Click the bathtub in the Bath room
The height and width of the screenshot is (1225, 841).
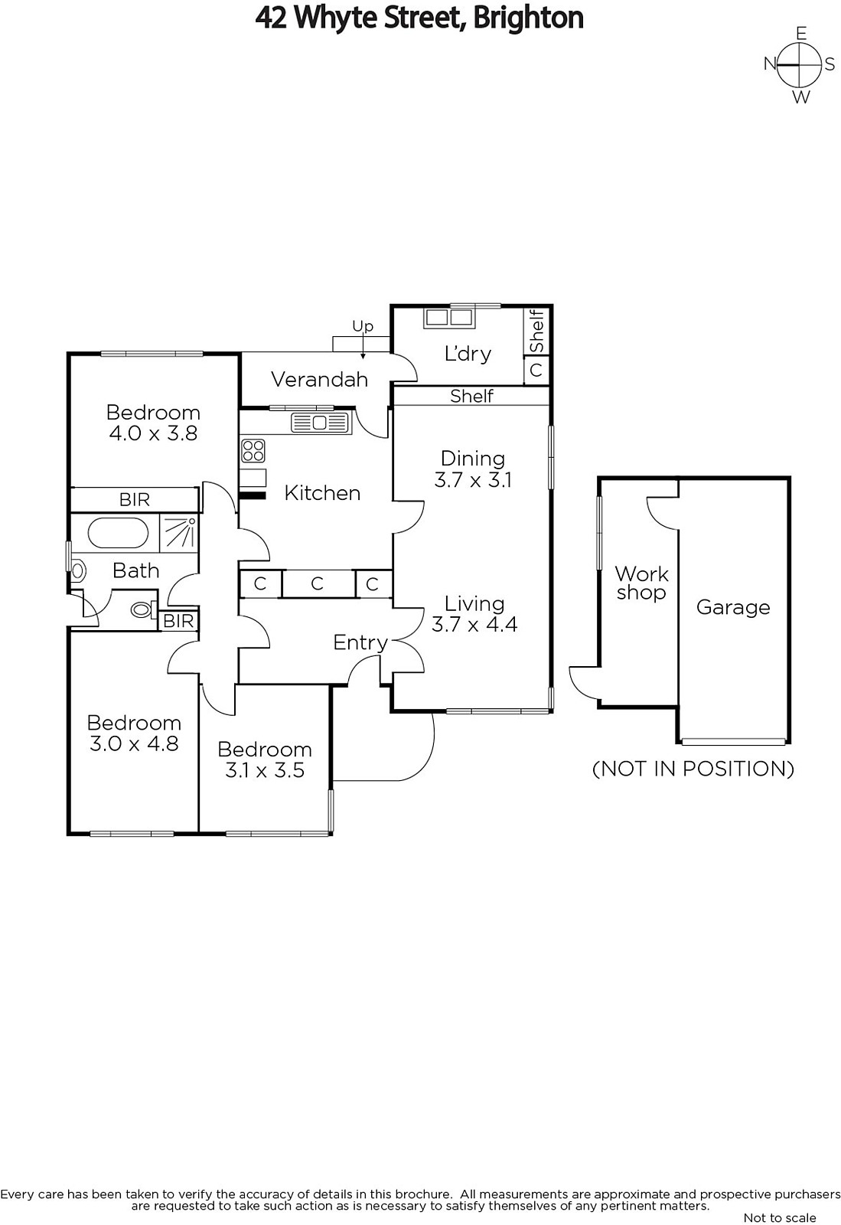(x=118, y=533)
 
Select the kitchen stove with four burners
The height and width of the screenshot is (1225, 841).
(x=253, y=451)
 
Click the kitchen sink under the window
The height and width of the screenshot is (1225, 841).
(x=320, y=423)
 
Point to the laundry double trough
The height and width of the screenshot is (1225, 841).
(x=449, y=318)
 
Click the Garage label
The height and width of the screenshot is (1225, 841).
(x=733, y=607)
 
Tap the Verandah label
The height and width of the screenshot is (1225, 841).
(x=320, y=379)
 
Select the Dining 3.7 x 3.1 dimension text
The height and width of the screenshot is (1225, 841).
(x=473, y=480)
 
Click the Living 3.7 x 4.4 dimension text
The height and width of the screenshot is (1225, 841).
(x=474, y=624)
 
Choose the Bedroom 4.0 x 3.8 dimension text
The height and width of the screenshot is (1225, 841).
(x=153, y=433)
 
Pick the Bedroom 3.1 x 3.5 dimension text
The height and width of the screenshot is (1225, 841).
(x=265, y=770)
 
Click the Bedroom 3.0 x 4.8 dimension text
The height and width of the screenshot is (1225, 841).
(x=134, y=743)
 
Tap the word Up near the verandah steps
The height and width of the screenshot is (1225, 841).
(x=363, y=326)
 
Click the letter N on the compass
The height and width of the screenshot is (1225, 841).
(x=770, y=64)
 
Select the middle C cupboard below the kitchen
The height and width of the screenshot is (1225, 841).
(x=318, y=583)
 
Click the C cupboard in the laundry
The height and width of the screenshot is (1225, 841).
(x=536, y=370)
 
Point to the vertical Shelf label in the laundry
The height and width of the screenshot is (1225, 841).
(x=537, y=332)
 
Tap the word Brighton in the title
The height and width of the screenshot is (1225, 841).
(x=529, y=18)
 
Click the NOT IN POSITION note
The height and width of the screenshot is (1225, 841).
(x=693, y=769)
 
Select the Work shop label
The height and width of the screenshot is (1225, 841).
(x=641, y=583)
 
